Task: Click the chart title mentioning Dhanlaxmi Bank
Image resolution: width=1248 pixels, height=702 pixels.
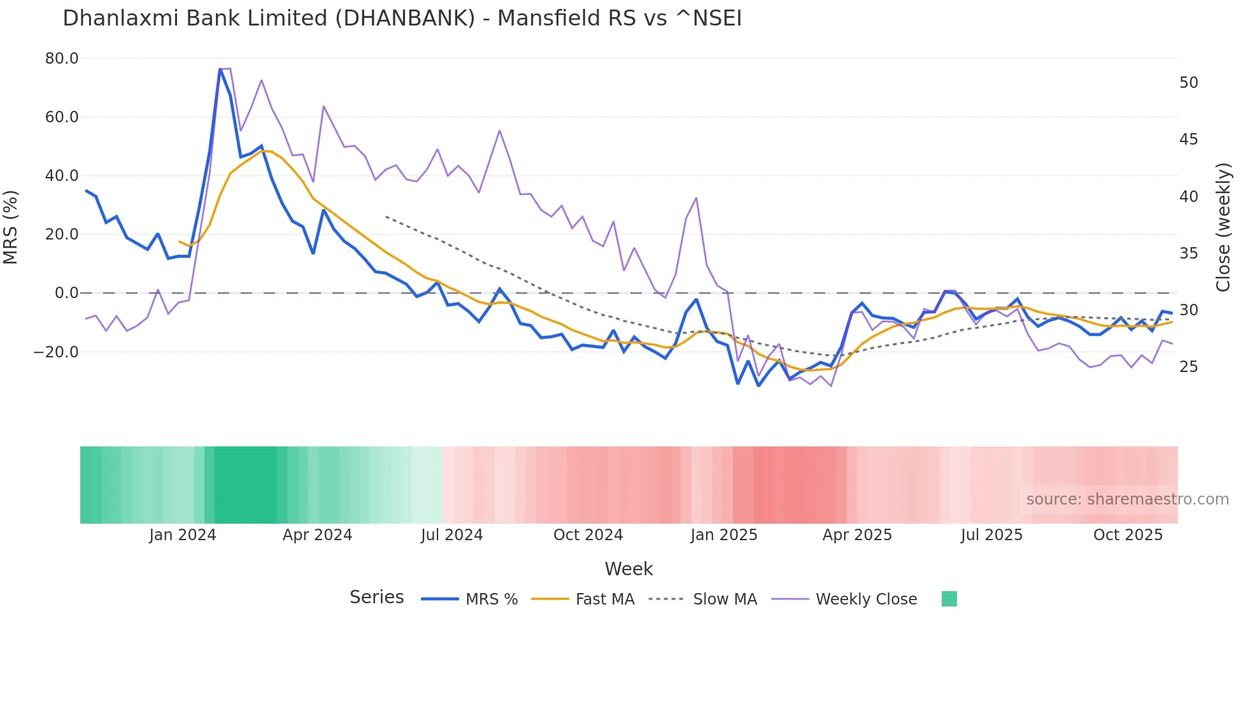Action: (402, 18)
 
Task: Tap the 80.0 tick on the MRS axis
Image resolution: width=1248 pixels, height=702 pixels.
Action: (62, 59)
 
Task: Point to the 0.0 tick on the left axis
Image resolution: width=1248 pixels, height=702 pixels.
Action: (66, 293)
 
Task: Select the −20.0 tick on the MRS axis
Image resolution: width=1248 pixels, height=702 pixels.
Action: (57, 352)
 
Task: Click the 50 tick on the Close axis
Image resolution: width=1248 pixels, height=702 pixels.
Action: (1189, 83)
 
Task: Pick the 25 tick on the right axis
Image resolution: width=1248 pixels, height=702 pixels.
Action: (1189, 367)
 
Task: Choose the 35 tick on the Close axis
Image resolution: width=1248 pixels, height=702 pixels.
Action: (1189, 254)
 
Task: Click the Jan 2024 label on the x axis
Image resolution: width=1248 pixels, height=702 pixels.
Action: (183, 535)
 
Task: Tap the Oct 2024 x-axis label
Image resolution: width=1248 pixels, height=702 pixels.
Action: (588, 535)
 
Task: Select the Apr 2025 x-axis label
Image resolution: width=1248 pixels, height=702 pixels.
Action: (857, 535)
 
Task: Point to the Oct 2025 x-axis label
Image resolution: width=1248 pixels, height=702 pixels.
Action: (1128, 535)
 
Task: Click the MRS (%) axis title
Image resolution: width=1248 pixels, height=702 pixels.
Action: (11, 227)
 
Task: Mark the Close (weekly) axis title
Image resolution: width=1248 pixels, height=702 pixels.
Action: (1223, 227)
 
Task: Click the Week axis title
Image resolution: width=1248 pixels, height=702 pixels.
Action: (628, 569)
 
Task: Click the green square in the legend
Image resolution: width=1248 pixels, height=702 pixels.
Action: (949, 599)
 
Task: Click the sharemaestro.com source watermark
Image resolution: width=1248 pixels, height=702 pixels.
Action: (1127, 499)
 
